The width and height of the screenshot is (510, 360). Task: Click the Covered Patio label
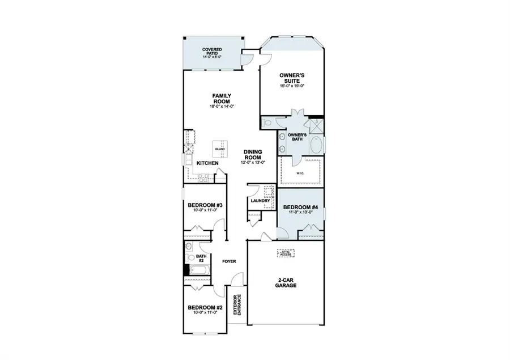tap(212, 53)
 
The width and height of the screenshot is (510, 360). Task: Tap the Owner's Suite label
tap(292, 78)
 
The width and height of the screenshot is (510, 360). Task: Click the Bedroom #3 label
tap(205, 205)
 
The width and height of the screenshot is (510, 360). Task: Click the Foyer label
tap(229, 261)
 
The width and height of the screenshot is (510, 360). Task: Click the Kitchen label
tap(207, 164)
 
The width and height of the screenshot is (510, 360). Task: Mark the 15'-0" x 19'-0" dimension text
tap(292, 86)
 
